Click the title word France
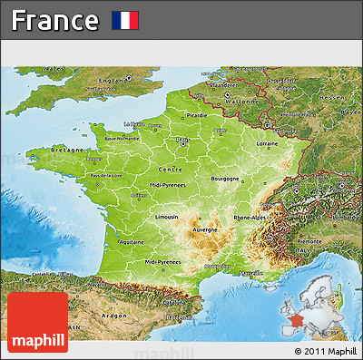pos(55,20)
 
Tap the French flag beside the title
pos(125,20)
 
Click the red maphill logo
pos(36,322)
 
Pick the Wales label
pos(54,68)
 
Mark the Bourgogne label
pos(225,179)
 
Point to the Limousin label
pos(167,218)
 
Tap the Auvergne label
pos(204,229)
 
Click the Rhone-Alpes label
pos(250,219)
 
